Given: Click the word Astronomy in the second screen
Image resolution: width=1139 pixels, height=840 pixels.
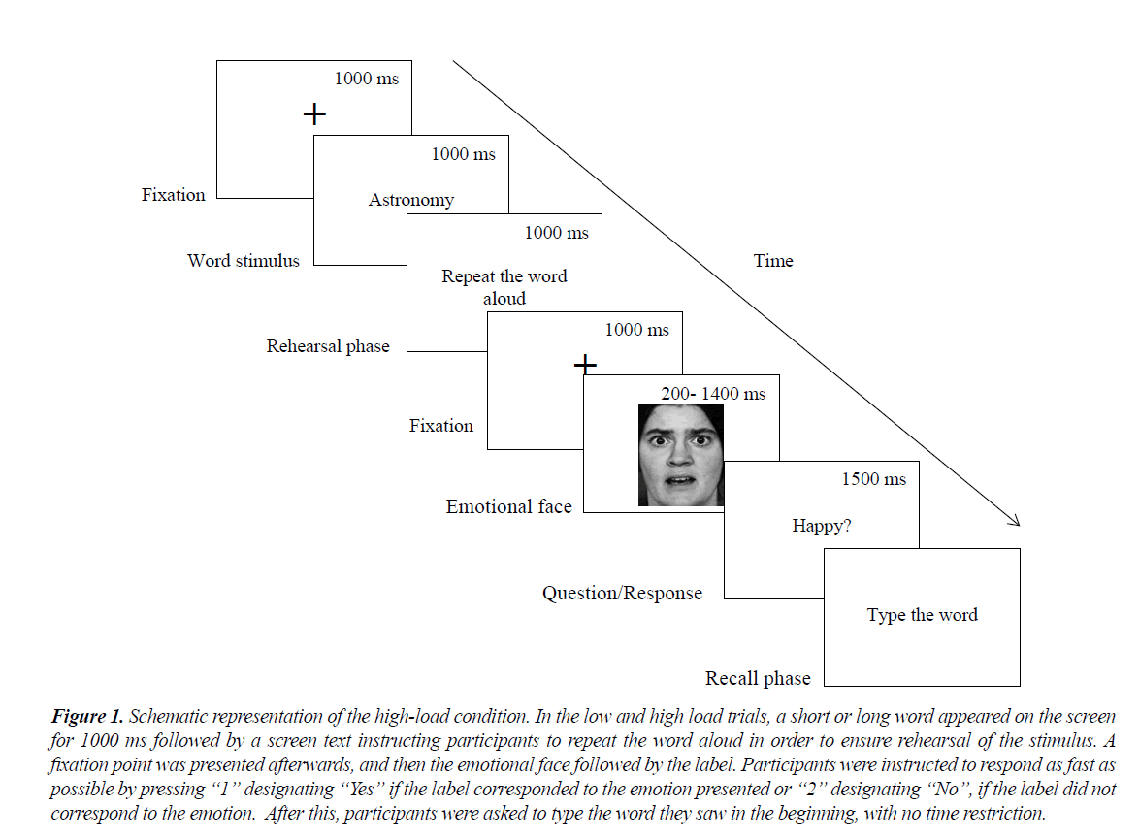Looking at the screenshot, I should point(411,200).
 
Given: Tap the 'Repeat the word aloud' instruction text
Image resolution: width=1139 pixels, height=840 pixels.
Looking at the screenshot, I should point(504,287).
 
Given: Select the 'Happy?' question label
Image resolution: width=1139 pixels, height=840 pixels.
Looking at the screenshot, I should point(823,526).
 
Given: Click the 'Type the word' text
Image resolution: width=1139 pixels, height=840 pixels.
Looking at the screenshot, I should point(922,615).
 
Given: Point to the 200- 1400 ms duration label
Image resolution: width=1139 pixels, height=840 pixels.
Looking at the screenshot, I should point(713,394).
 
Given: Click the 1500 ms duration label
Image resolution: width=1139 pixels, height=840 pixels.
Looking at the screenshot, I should point(873,479).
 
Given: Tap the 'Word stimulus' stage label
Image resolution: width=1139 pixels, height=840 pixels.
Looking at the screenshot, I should point(244,260).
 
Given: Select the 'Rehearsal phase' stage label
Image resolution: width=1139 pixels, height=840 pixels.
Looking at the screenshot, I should point(328,346).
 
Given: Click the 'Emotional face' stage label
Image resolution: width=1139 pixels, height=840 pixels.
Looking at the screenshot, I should point(508,506).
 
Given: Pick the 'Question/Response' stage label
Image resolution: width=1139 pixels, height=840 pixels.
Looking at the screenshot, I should point(622,593).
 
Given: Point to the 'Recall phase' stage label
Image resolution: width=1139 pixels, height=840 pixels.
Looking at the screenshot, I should point(758,679).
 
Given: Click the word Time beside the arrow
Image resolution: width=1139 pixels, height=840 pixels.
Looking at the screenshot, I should point(773,260).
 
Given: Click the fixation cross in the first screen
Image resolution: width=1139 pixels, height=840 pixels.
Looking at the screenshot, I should point(314,114).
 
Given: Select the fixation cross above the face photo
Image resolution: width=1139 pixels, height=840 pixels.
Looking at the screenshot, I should point(585,365).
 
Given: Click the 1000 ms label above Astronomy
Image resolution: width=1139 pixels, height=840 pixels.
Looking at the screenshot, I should point(463,154).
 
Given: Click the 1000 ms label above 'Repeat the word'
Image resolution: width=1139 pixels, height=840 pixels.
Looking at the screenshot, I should point(556,233).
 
